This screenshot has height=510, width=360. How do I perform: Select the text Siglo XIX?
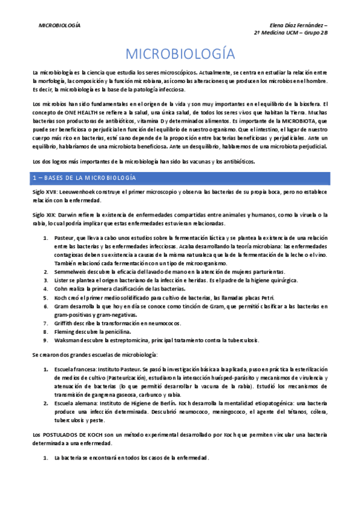[44, 215]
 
